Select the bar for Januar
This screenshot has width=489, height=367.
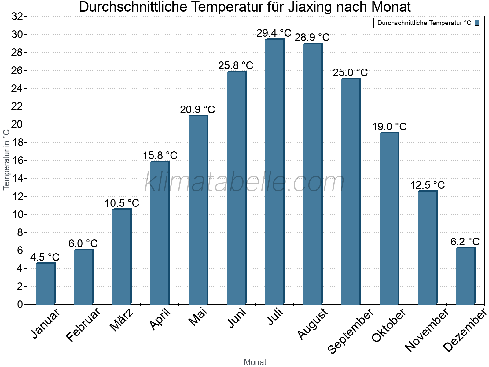(45, 284)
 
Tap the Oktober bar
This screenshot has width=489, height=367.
(389, 219)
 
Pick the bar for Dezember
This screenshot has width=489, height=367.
(465, 276)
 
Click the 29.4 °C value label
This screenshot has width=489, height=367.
(274, 33)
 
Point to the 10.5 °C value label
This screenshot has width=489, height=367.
(122, 203)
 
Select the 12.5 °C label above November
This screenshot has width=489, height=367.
(427, 185)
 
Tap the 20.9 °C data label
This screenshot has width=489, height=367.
(197, 109)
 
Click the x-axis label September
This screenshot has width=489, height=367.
(350, 330)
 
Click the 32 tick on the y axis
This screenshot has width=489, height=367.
(17, 17)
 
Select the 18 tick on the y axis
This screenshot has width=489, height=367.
(17, 143)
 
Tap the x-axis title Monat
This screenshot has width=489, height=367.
(255, 362)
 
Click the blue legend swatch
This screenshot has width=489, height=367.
(477, 23)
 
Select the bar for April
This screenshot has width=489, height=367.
(160, 232)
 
